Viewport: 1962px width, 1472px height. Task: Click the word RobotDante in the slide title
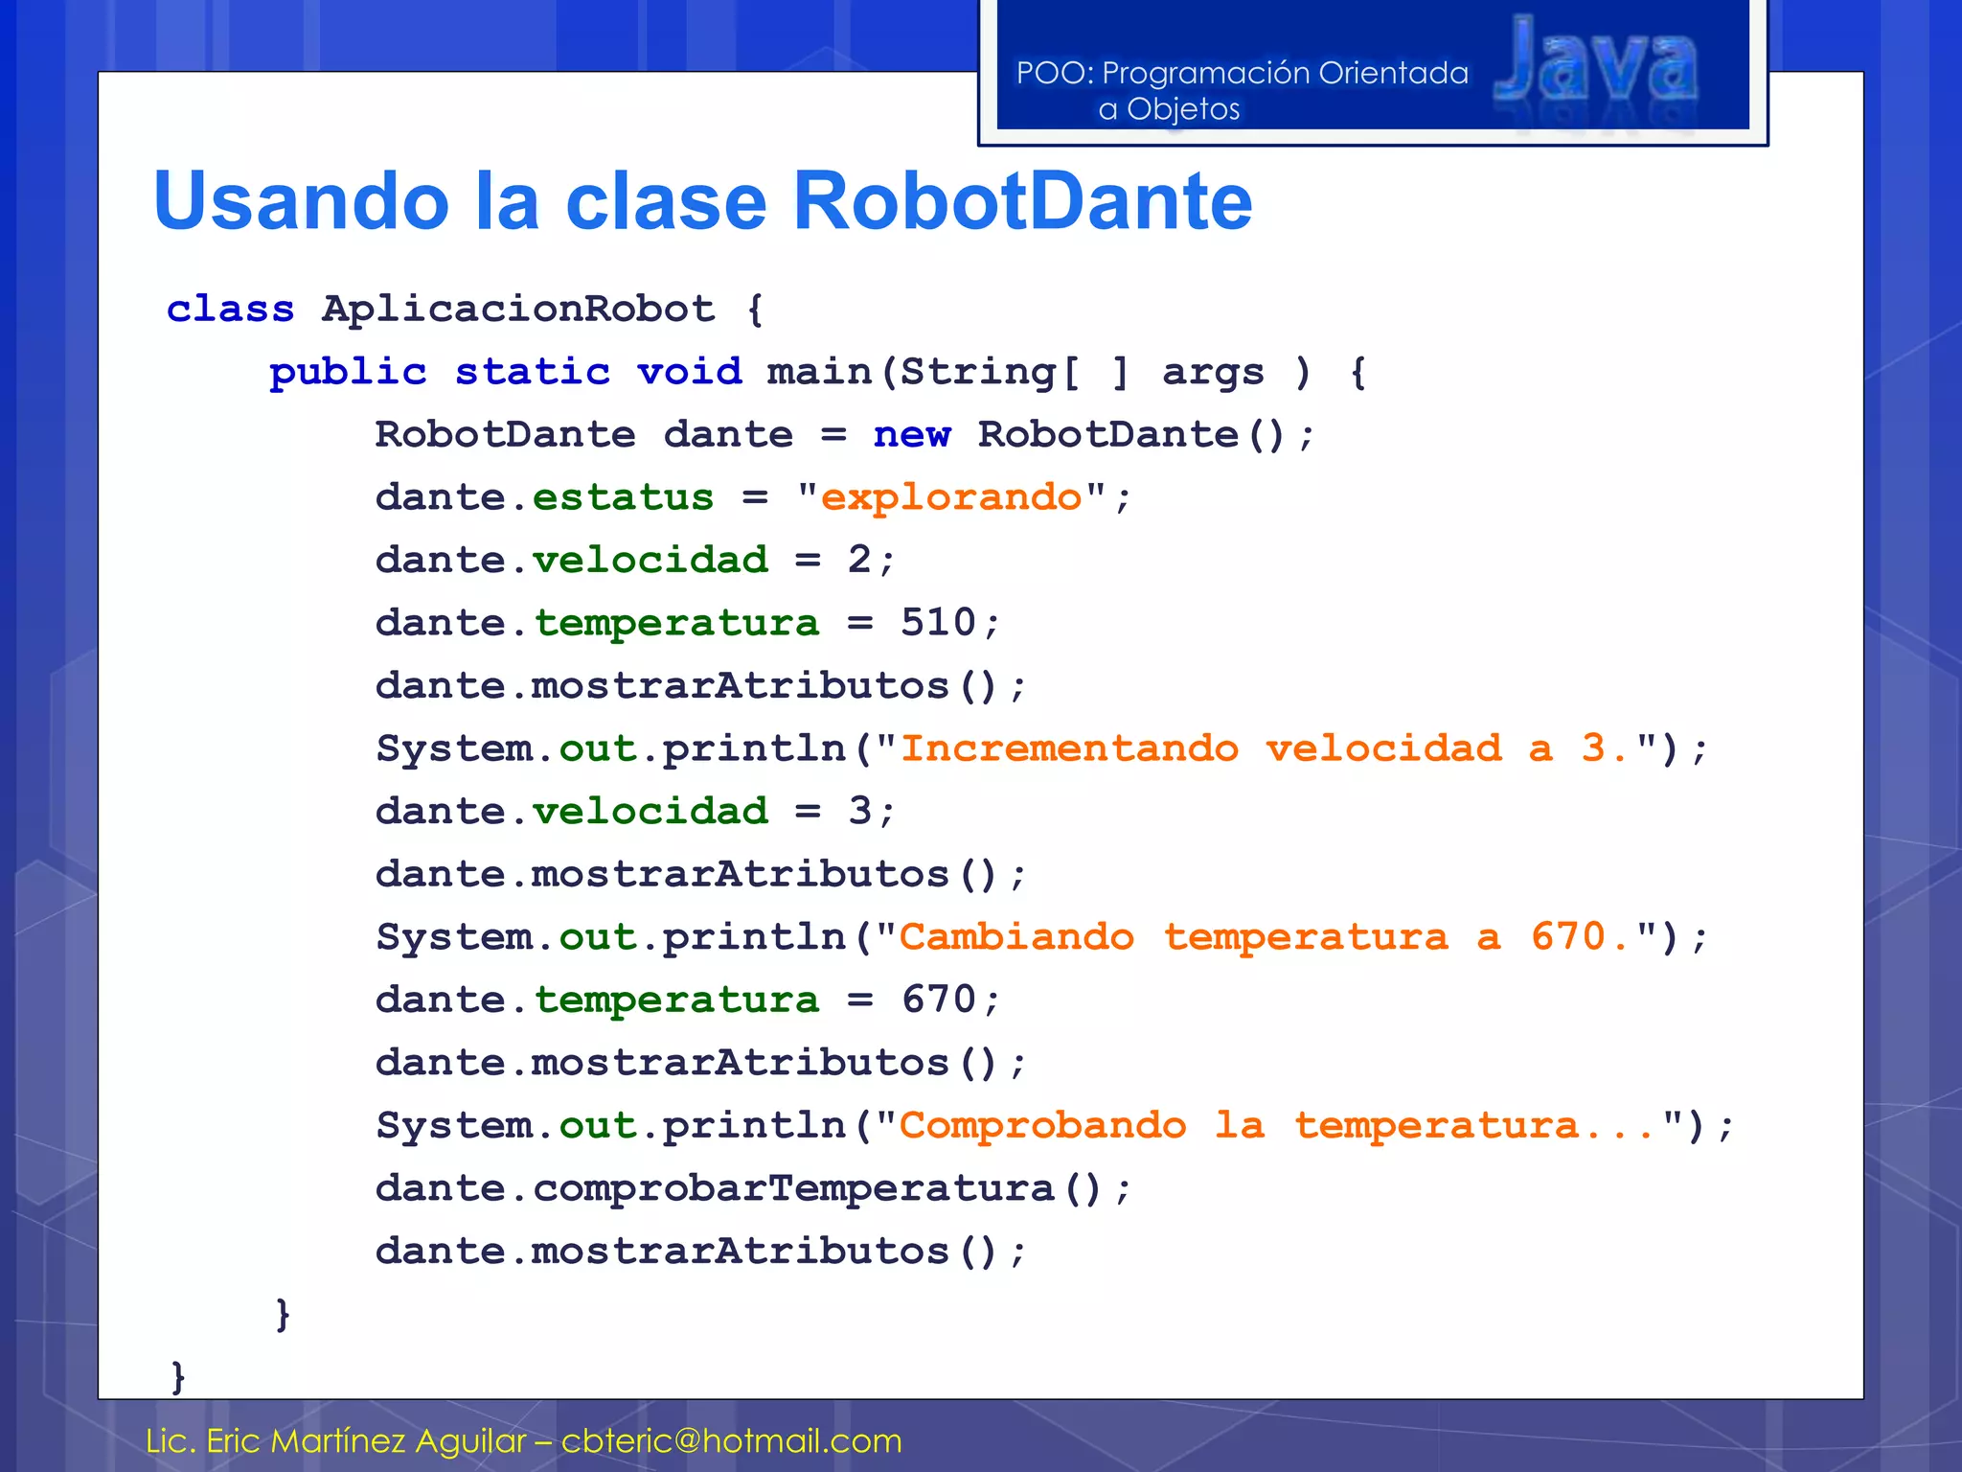pyautogui.click(x=1022, y=201)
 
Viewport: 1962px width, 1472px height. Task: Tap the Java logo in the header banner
pyautogui.click(x=1596, y=67)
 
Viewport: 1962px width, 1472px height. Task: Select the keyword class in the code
pyautogui.click(x=230, y=310)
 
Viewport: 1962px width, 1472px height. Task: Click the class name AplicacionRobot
pyautogui.click(x=518, y=310)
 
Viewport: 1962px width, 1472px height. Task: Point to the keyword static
pyautogui.click(x=532, y=372)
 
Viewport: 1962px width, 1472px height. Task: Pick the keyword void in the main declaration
pyautogui.click(x=690, y=372)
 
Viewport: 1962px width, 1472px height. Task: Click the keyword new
pyautogui.click(x=912, y=435)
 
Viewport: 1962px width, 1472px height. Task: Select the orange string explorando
pyautogui.click(x=951, y=497)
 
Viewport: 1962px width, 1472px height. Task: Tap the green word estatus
pyautogui.click(x=623, y=497)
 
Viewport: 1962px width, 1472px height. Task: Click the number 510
pyautogui.click(x=938, y=623)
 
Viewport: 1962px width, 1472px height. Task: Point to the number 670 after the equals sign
pyautogui.click(x=938, y=1000)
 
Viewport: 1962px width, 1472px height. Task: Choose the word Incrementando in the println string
pyautogui.click(x=1069, y=748)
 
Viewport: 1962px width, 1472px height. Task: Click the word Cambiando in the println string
pyautogui.click(x=1016, y=936)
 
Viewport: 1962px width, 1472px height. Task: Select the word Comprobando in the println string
pyautogui.click(x=1042, y=1125)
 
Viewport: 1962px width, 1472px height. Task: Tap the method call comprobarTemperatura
pyautogui.click(x=793, y=1188)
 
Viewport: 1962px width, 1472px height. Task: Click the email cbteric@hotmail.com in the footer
pyautogui.click(x=731, y=1440)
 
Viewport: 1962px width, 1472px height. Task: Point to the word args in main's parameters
pyautogui.click(x=1213, y=372)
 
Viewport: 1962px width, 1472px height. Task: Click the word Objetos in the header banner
pyautogui.click(x=1182, y=109)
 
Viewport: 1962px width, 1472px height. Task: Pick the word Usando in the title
pyautogui.click(x=301, y=201)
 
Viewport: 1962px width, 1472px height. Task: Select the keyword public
pyautogui.click(x=348, y=372)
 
